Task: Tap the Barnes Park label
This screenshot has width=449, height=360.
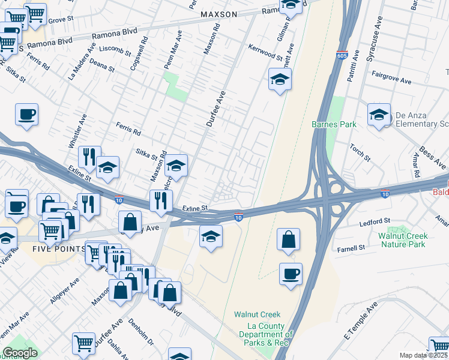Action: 334,124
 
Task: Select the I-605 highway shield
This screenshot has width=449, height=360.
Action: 342,55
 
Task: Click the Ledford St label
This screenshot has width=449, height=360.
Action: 375,221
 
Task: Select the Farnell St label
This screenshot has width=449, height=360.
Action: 351,248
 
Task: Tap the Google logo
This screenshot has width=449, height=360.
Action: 20,353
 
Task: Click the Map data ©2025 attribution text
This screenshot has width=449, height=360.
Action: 424,355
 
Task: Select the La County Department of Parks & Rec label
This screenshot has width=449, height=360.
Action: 265,334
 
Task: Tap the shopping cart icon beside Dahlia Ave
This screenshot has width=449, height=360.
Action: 83,343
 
